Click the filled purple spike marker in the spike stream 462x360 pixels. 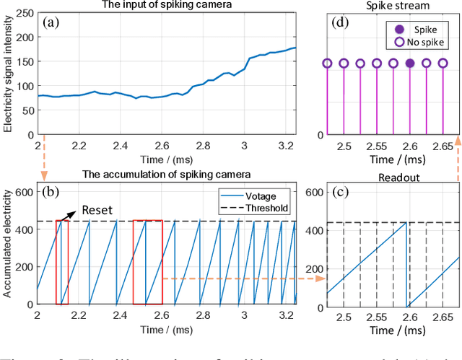(410, 63)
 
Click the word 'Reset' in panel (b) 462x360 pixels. (97, 208)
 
